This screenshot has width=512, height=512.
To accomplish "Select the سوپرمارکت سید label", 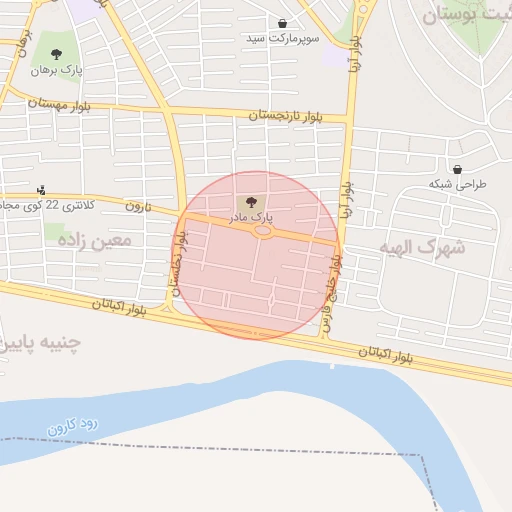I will click(x=283, y=38).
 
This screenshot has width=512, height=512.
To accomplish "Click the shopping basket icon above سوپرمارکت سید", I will click(x=283, y=23).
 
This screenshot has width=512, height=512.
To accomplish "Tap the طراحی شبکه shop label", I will click(x=456, y=184).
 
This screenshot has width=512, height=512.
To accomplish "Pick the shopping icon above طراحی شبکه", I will click(x=457, y=169).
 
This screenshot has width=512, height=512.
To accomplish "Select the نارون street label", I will click(x=136, y=205).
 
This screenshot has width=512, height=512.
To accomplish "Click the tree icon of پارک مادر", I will click(x=250, y=201).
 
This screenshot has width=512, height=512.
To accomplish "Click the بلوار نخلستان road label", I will click(x=181, y=256).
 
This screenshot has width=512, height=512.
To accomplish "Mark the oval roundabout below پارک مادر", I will click(x=263, y=231).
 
